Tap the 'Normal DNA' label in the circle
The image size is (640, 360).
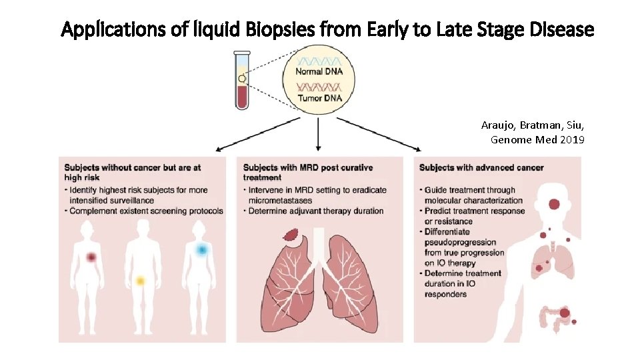pos(319,71)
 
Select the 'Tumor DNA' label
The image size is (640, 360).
pos(319,98)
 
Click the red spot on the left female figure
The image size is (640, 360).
pos(91,257)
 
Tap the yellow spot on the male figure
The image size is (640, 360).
pos(140,281)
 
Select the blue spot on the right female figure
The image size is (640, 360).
pos(201,249)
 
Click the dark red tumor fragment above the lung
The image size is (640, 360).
pos(292,235)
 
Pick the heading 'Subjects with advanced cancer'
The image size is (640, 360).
pos(482,167)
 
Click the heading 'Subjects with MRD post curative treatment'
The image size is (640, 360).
pos(308,172)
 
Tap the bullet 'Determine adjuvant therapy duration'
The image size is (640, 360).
pos(316,211)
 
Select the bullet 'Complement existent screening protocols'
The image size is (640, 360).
pos(145,211)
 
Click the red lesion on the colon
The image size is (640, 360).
pos(565,313)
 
